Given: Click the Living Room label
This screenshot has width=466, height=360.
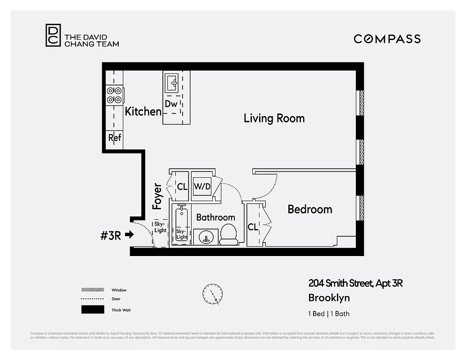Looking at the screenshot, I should [x=274, y=118].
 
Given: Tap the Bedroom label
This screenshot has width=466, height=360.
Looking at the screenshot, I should [x=309, y=209].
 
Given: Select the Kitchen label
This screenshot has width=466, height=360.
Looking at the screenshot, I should [x=143, y=112].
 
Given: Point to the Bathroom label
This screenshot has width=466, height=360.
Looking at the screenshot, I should [x=215, y=217].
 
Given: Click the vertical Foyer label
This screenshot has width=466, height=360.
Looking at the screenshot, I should [x=157, y=197].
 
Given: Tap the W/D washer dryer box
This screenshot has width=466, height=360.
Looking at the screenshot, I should [x=202, y=186].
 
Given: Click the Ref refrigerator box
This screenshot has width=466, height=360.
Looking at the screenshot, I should [x=115, y=138].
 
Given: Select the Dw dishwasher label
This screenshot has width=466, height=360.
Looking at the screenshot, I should [x=171, y=104].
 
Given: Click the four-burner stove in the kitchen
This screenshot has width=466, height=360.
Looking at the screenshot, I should [x=114, y=95].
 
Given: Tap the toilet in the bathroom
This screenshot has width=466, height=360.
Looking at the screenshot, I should [x=229, y=235].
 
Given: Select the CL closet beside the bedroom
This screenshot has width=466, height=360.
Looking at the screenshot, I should [x=253, y=227].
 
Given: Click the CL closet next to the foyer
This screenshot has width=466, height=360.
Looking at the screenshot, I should [x=182, y=186].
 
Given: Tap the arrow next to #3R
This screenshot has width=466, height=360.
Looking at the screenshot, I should [x=130, y=234].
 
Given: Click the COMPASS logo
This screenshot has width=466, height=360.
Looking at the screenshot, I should [x=387, y=39].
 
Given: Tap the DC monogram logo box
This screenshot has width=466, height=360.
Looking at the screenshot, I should [x=53, y=36].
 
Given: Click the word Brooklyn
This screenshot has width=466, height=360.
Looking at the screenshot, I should [x=329, y=298].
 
